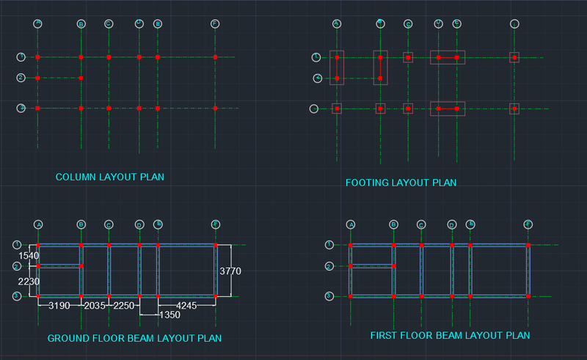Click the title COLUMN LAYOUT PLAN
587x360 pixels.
pos(109,177)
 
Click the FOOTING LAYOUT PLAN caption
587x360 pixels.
pos(401,183)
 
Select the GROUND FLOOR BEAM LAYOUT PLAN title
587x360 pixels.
pos(134,338)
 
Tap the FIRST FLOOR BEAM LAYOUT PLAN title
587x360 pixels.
pos(450,335)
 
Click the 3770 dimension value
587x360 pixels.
pos(230,271)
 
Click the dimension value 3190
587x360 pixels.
pos(59,305)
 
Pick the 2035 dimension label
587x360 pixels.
pos(95,305)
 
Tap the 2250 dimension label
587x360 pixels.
pos(124,305)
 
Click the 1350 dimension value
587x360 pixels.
pos(169,315)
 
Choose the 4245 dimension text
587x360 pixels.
pos(186,305)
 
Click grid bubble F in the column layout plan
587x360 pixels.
pos(215,24)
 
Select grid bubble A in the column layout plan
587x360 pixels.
pos(38,24)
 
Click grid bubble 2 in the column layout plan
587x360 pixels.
pos(21,78)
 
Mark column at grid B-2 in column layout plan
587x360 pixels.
pos(81,78)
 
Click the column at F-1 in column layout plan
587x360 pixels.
pos(215,56)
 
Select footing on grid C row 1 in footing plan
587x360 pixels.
pos(408,56)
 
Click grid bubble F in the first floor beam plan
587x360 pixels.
pos(528,224)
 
